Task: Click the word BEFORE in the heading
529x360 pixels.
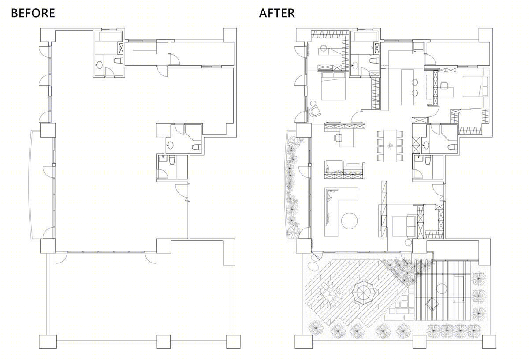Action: coord(33,13)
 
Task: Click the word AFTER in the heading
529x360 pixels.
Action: coord(277,13)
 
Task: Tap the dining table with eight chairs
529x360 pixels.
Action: coord(390,146)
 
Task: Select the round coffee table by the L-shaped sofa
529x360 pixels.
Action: coord(349,221)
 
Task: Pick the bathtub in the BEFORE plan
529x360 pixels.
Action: coord(110,37)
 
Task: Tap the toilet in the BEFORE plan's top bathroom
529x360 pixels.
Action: coord(119,61)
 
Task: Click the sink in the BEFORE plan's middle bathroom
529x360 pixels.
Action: coord(170,145)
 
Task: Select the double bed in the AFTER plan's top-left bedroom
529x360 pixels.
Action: coord(333,86)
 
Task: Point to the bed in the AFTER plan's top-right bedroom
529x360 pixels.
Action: coord(475,86)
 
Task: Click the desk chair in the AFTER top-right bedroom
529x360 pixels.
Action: coord(444,85)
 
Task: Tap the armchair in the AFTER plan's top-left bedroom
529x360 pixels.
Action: coord(315,111)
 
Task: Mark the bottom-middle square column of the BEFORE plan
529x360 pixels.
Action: coord(164,341)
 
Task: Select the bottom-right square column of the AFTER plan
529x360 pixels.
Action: coord(489,341)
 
